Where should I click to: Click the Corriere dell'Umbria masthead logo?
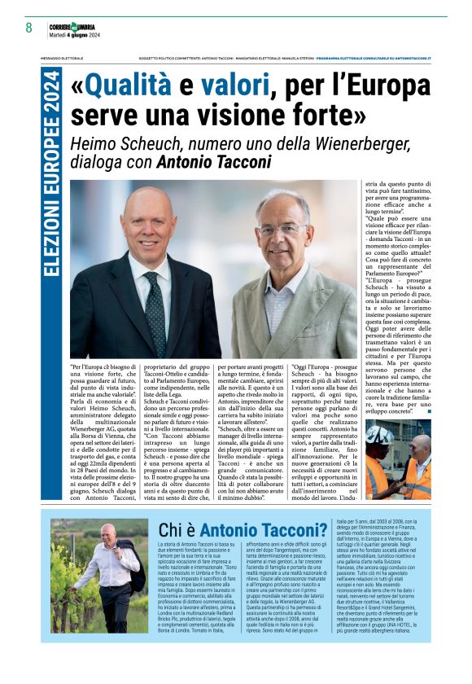pos(74,25)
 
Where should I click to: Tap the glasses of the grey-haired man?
pos(278,230)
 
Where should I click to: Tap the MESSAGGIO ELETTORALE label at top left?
pos(61,59)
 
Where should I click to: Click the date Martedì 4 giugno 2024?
pos(74,35)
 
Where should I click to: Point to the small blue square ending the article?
pos(428,411)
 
